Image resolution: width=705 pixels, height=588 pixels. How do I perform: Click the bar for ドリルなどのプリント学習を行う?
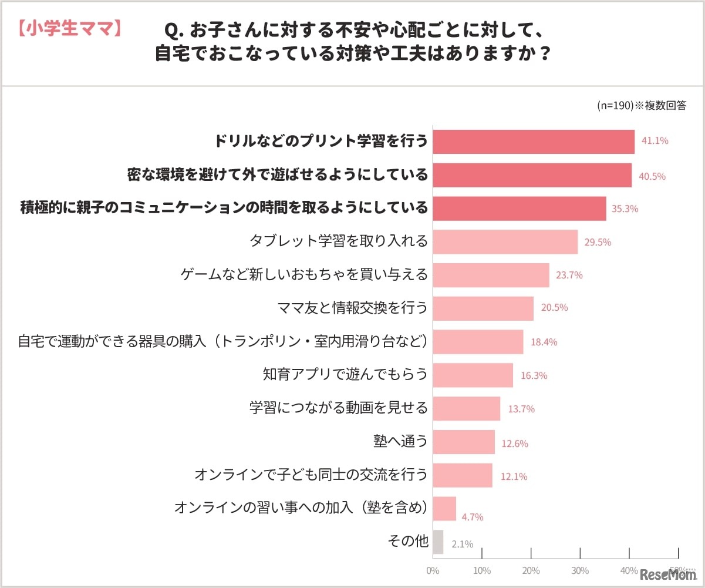[x=534, y=142]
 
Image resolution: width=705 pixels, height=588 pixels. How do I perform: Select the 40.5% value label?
[x=652, y=176]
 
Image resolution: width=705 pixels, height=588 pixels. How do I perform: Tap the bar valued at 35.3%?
[x=520, y=209]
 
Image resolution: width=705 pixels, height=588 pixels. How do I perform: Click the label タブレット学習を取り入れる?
[x=339, y=240]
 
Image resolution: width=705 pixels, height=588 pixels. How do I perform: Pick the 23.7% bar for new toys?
[x=491, y=275]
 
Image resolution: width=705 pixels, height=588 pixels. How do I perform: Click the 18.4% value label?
[x=544, y=342]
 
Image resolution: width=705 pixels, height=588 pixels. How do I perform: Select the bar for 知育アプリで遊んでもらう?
[x=473, y=375]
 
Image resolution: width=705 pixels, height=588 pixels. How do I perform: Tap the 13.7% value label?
[x=521, y=409]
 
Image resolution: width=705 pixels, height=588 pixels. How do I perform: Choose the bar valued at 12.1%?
[x=463, y=475]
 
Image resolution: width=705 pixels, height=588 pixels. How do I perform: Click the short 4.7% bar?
[x=444, y=509]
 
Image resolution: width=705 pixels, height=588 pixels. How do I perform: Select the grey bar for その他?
[x=438, y=542]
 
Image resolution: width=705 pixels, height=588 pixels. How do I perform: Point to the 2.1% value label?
[x=462, y=544]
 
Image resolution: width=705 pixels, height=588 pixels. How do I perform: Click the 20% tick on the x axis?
[x=531, y=570]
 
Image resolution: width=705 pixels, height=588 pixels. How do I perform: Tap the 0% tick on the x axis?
[x=433, y=570]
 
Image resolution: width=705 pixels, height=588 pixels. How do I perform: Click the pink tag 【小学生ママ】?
[x=69, y=28]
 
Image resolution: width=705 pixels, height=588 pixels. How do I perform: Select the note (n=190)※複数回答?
[x=642, y=106]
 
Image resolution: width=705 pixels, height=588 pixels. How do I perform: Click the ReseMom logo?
[x=667, y=574]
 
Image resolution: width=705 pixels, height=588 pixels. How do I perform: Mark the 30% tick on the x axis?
[x=580, y=570]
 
